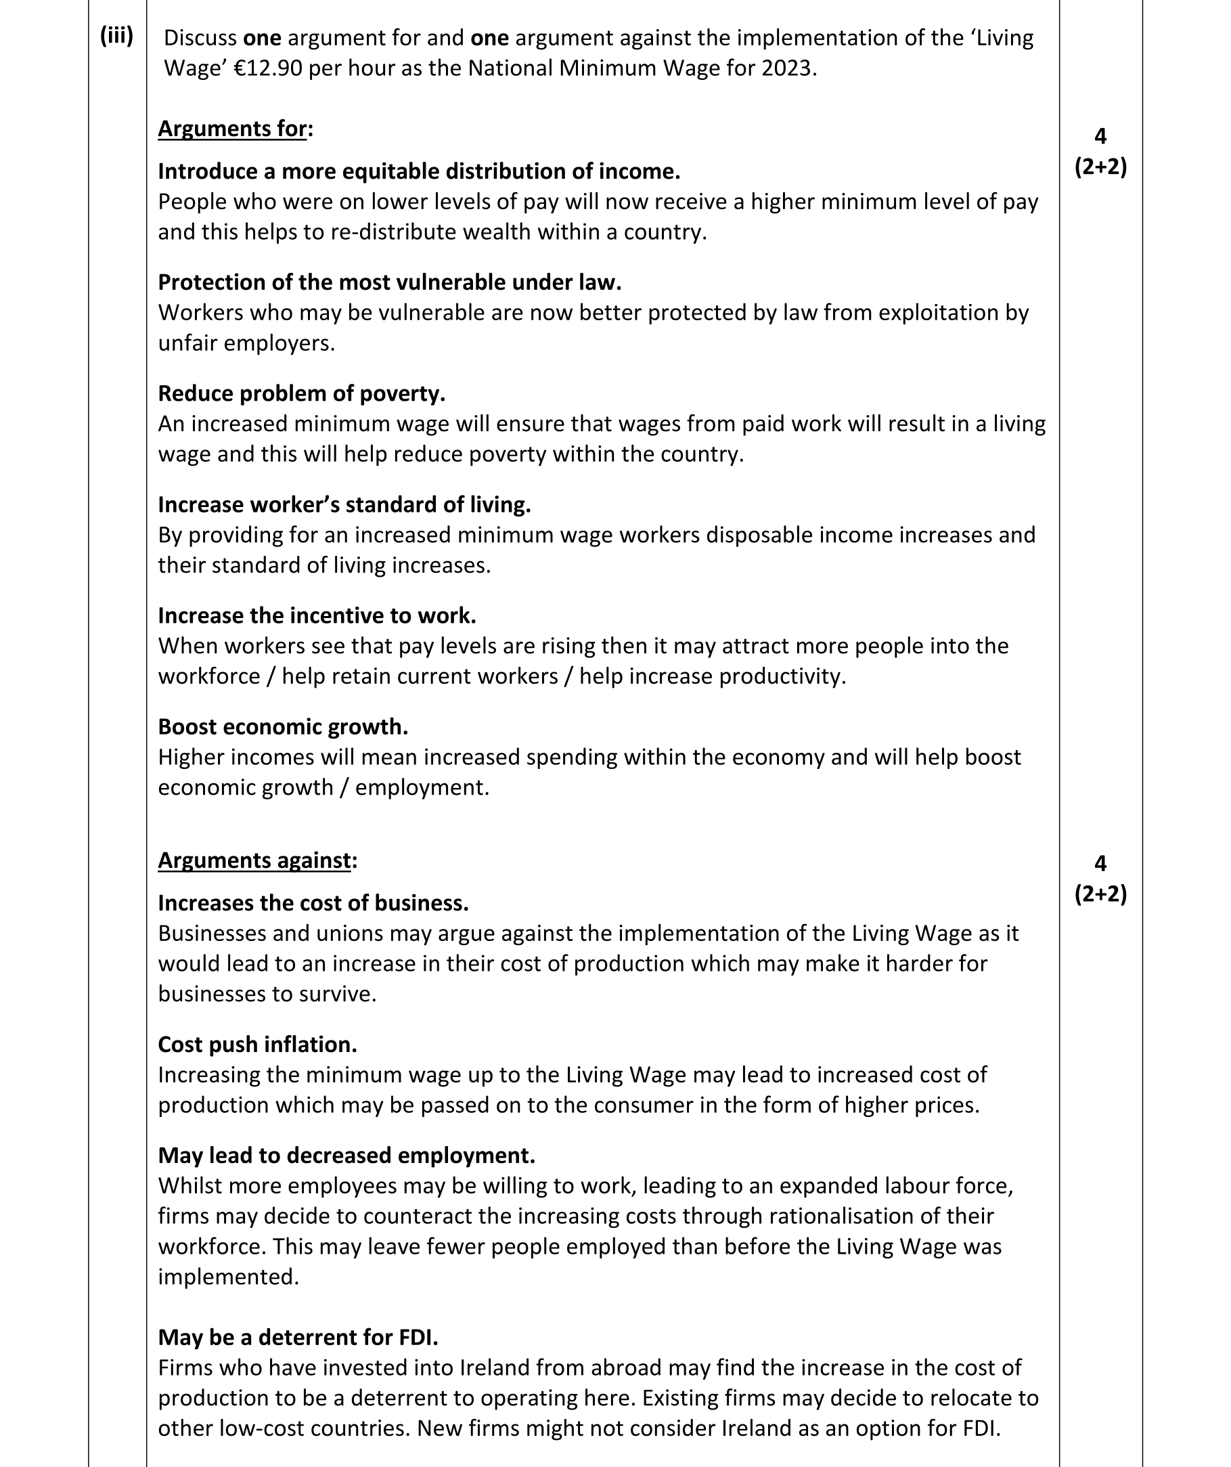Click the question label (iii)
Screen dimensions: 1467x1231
(116, 36)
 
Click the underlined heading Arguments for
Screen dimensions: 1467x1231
(232, 129)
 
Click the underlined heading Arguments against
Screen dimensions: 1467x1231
(254, 860)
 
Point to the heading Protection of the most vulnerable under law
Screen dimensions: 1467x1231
(389, 282)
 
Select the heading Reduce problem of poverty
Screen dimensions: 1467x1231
(301, 393)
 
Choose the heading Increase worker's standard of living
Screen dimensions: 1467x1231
(344, 504)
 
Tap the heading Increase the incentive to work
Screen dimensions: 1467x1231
(316, 615)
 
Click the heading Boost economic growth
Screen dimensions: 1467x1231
(283, 726)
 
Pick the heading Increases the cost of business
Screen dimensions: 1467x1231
(313, 903)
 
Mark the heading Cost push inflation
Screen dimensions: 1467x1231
(257, 1045)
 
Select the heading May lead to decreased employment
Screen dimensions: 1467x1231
(346, 1156)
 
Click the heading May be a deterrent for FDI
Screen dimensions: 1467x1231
(298, 1337)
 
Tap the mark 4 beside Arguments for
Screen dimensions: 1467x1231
(1100, 136)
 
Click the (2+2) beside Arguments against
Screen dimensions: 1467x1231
(1100, 894)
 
